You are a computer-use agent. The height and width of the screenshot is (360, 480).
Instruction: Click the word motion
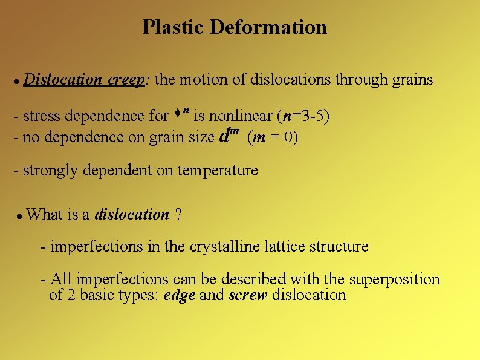point(206,80)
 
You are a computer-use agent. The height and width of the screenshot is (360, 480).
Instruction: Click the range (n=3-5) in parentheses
point(303,115)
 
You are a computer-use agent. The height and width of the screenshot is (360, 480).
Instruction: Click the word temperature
point(218,171)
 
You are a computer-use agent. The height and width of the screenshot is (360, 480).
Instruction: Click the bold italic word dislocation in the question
point(132,214)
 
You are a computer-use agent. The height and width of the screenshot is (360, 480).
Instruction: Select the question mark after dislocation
point(178,214)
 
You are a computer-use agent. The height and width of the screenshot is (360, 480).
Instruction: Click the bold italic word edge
point(179,295)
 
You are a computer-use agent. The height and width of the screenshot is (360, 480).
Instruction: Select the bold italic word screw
point(248,295)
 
